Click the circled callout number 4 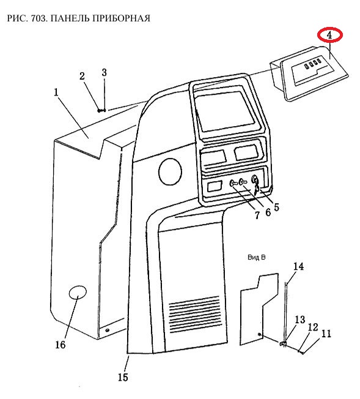coord(329,35)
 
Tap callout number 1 coord(56,92)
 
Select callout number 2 coord(82,76)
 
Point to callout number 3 coord(105,73)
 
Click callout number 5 coord(276,207)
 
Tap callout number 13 coord(300,319)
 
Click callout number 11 coord(326,334)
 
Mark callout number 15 coord(123,377)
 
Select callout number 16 coord(61,345)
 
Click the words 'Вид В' coord(256,257)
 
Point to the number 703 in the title coord(39,18)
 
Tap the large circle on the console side coord(170,171)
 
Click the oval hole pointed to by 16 coord(78,292)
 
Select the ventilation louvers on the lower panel coord(194,313)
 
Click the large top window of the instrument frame coord(226,111)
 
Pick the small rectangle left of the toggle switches coord(215,186)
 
